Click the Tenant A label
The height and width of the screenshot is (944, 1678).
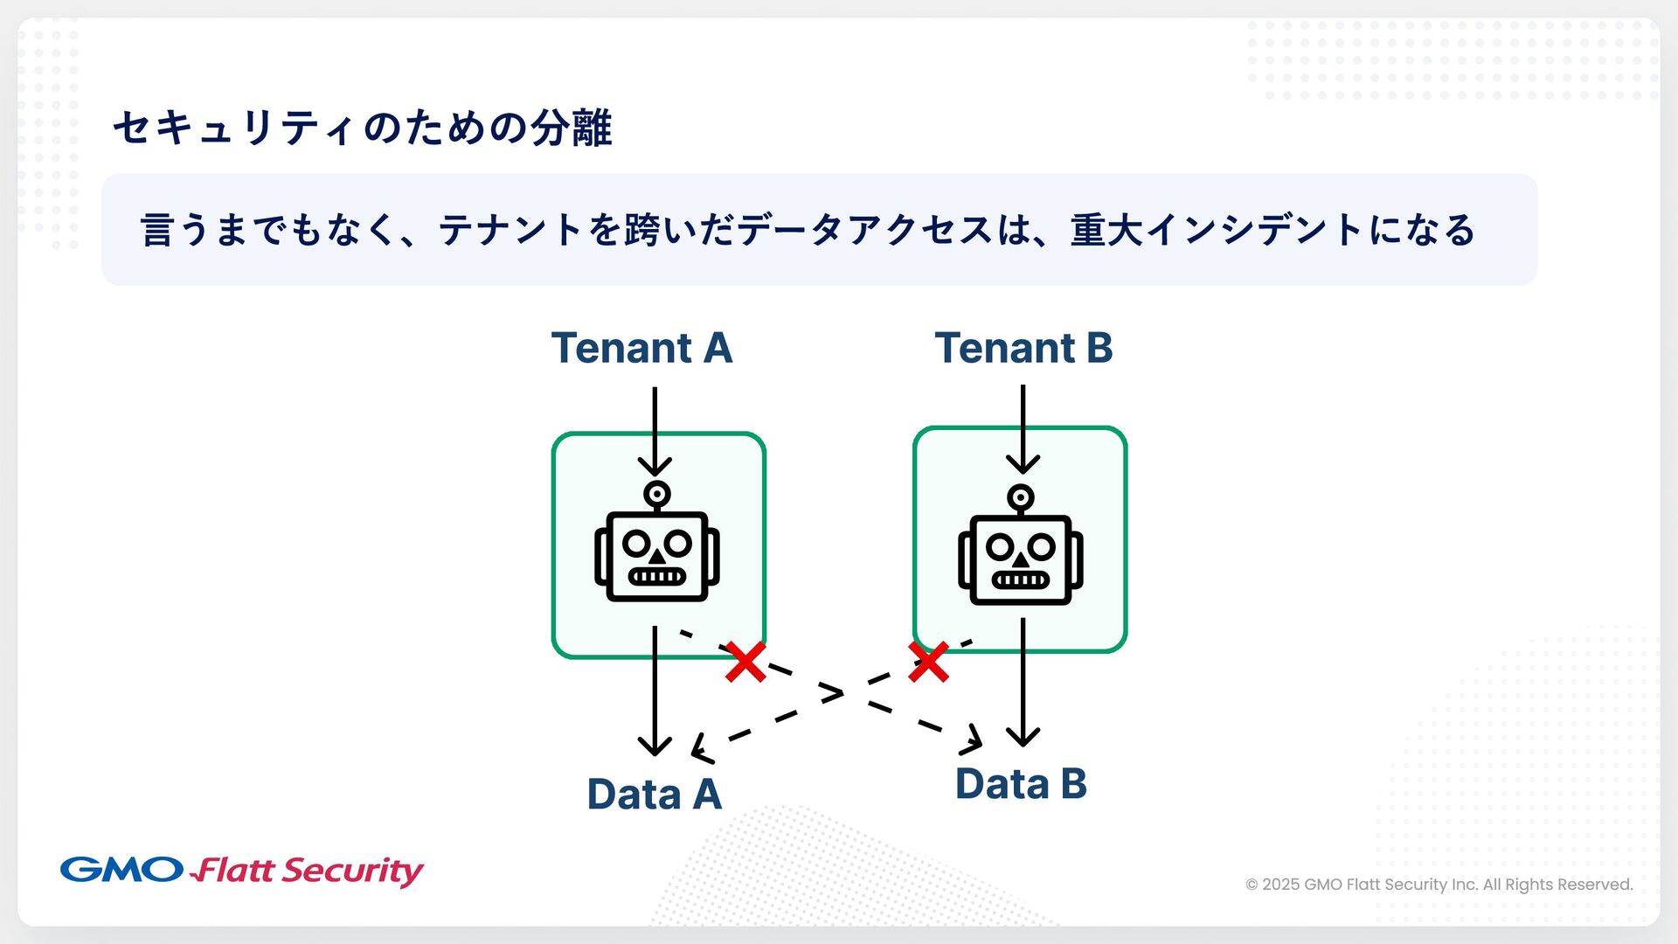click(641, 348)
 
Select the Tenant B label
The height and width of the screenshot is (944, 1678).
click(1023, 348)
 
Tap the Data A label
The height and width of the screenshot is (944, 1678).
click(654, 795)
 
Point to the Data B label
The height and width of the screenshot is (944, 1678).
click(1021, 784)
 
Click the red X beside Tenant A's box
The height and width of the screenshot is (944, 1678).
click(745, 662)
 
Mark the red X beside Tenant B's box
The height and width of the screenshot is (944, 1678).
click(928, 662)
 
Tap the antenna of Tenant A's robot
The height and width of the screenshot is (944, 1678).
click(657, 495)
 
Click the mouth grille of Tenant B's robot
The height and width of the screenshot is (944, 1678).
click(1020, 580)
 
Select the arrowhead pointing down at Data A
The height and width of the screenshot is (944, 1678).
click(655, 746)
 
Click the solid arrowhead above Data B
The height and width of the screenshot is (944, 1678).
click(1023, 736)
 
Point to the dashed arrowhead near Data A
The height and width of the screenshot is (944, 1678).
click(700, 750)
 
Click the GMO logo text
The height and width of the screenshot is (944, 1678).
click(121, 870)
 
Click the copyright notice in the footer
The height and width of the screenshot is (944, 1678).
click(1439, 885)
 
